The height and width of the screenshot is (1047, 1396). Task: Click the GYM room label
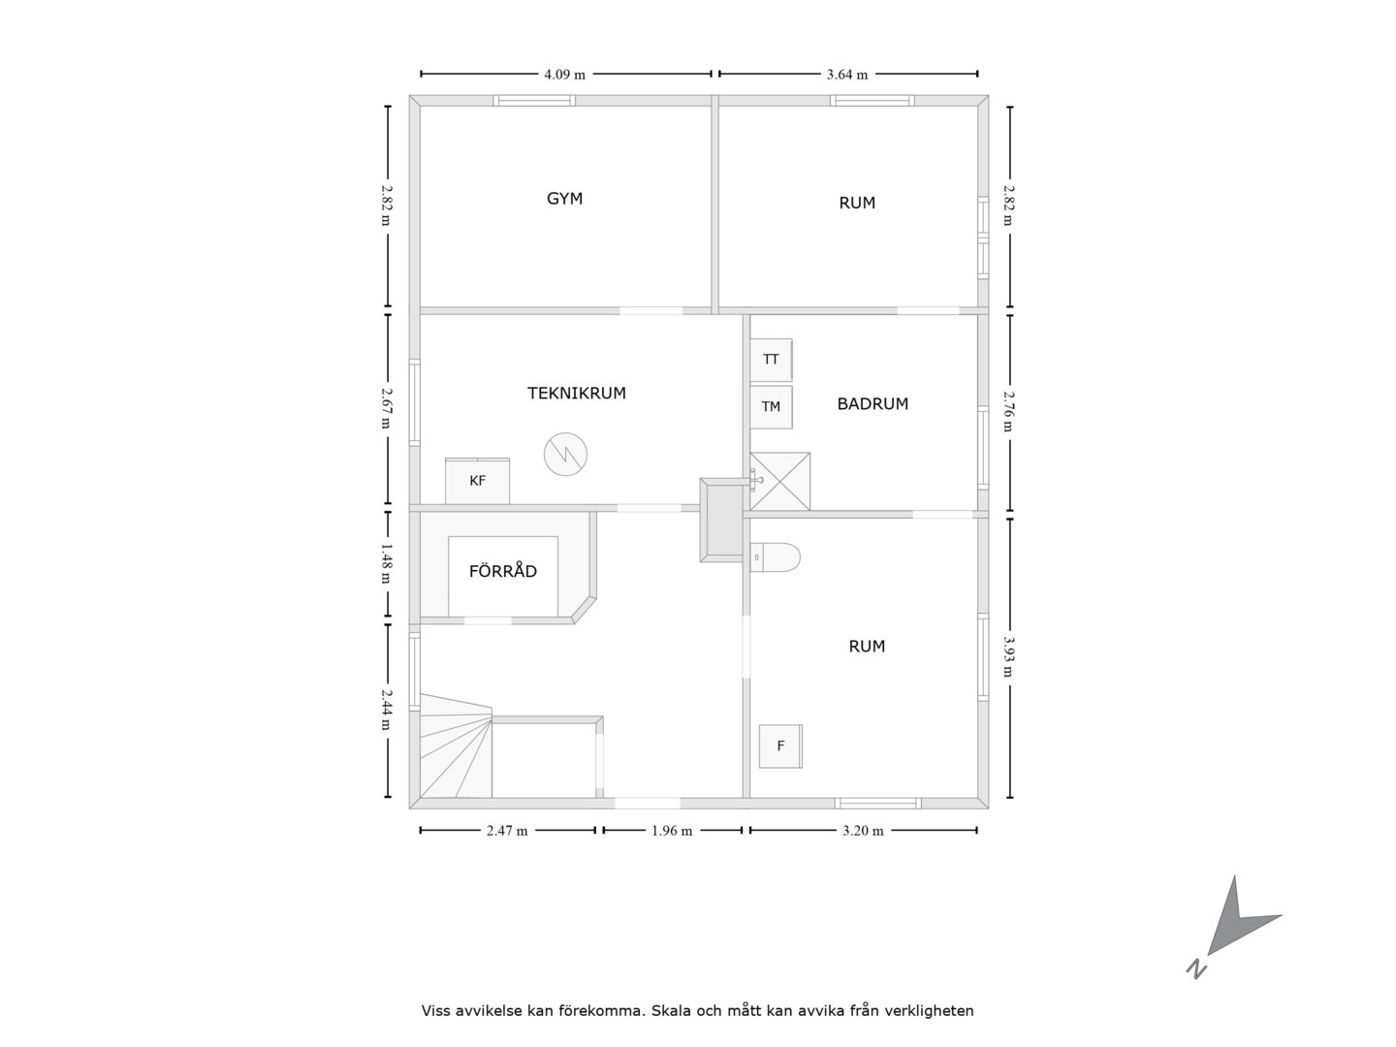pyautogui.click(x=564, y=199)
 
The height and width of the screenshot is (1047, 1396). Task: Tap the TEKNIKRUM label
pyautogui.click(x=576, y=394)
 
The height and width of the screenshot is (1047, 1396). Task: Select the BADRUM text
pyautogui.click(x=872, y=404)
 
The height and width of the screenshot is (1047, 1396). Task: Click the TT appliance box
pyautogui.click(x=771, y=360)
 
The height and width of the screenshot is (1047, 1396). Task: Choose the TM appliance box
pyautogui.click(x=771, y=407)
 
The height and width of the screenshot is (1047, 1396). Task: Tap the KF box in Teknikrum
pyautogui.click(x=477, y=481)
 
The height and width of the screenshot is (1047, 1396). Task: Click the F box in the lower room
pyautogui.click(x=780, y=746)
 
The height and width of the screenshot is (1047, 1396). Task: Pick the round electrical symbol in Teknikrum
pyautogui.click(x=565, y=455)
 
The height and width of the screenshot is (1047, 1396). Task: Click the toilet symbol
pyautogui.click(x=775, y=557)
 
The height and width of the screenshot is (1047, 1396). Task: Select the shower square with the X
pyautogui.click(x=779, y=481)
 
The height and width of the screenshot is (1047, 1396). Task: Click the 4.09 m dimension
pyautogui.click(x=565, y=75)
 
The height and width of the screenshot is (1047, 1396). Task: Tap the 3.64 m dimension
pyautogui.click(x=847, y=75)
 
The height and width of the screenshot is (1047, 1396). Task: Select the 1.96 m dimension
pyautogui.click(x=672, y=831)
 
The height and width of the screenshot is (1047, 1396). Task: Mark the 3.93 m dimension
pyautogui.click(x=1009, y=657)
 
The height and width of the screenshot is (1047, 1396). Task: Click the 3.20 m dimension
pyautogui.click(x=863, y=831)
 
